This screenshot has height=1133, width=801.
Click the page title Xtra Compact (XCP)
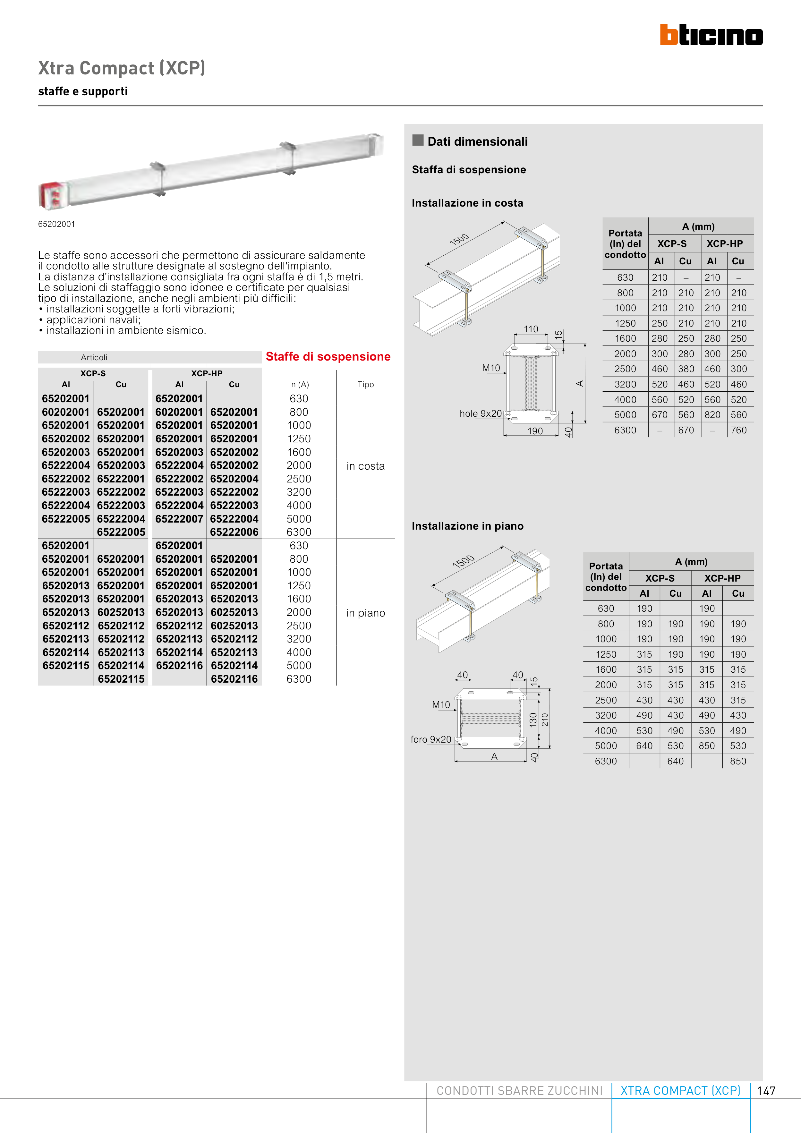pos(121,68)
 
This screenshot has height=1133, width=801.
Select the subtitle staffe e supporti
pos(83,91)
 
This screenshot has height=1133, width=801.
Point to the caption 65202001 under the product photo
pos(57,224)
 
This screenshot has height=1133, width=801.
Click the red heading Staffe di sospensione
pos(328,356)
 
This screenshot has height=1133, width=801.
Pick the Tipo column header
pos(366,384)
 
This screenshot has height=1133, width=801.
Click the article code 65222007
pos(179,519)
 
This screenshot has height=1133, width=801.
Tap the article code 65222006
pos(234,532)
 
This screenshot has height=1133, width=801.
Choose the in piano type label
pos(365,613)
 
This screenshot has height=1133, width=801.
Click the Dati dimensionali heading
pos(477,142)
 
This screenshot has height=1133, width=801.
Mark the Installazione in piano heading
pos(467,526)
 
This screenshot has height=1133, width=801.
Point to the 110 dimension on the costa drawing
pos(531,329)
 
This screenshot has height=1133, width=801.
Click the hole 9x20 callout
pos(480,413)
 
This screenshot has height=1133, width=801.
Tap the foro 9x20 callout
pos(431,739)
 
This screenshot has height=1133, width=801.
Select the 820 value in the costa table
pos(712,415)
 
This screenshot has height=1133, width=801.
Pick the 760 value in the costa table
pos(738,430)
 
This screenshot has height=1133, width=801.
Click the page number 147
pos(766,1091)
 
